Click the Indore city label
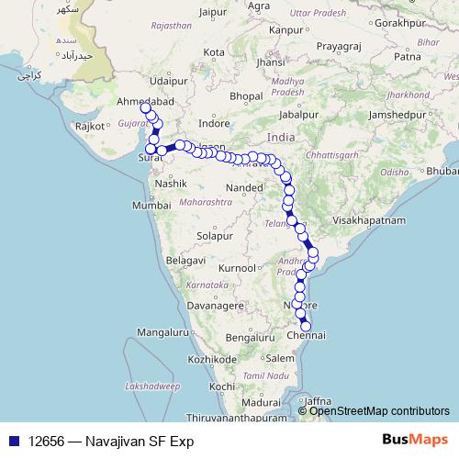coord(214,122)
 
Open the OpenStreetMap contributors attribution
coord(379,410)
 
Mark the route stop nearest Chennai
coord(306,326)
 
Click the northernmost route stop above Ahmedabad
coord(145,108)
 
